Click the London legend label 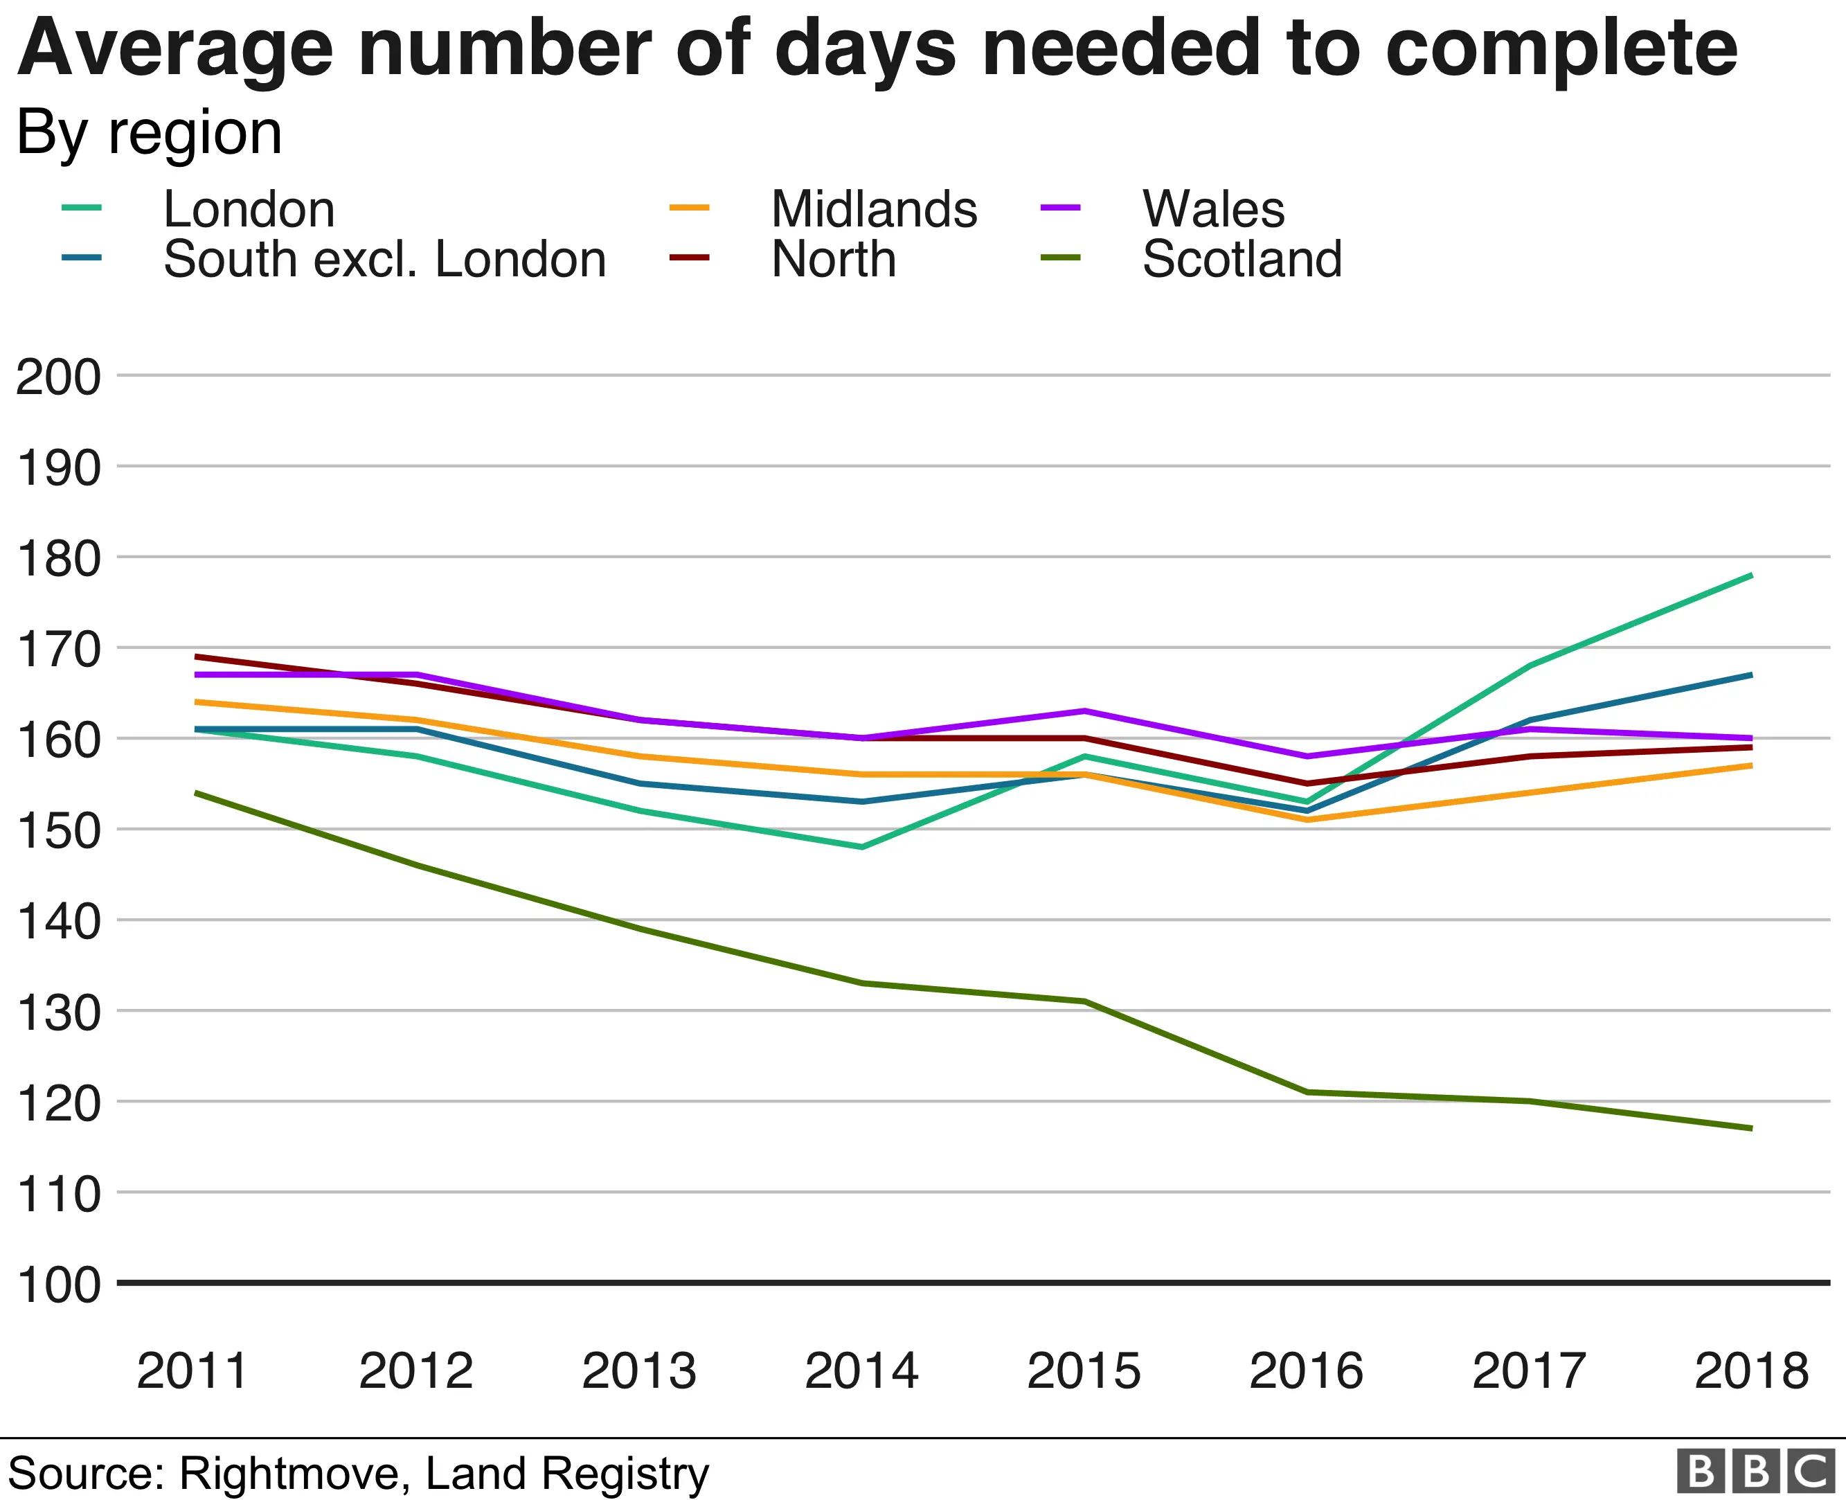point(249,209)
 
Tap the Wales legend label point(1213,209)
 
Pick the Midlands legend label point(873,209)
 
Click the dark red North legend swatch point(688,258)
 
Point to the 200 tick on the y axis point(58,377)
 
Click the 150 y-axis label point(58,830)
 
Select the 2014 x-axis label point(861,1370)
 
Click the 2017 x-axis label point(1529,1370)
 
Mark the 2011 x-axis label point(192,1370)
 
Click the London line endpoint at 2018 point(1750,575)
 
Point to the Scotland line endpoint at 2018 point(1750,1128)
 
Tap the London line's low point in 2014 point(861,847)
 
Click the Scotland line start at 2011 point(197,792)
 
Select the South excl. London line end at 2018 point(1750,675)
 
